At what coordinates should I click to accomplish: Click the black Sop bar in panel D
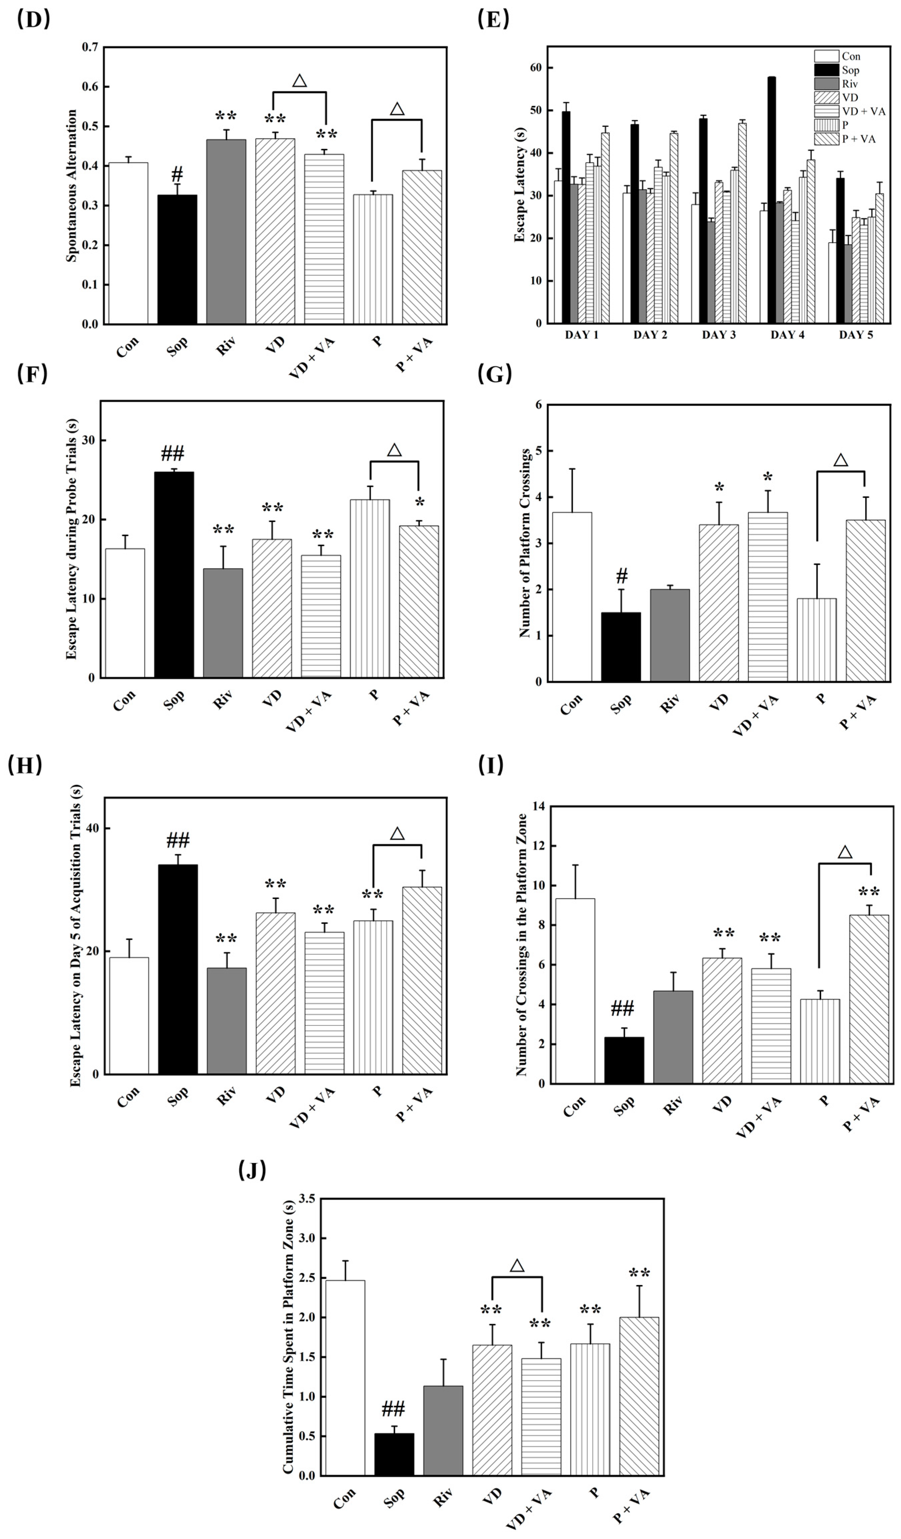177,260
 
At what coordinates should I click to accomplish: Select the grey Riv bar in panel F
223,623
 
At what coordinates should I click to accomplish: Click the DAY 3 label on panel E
718,335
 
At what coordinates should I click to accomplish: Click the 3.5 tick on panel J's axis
308,1199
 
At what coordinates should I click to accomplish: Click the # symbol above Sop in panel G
622,575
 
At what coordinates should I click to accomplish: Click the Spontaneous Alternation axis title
72,186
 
